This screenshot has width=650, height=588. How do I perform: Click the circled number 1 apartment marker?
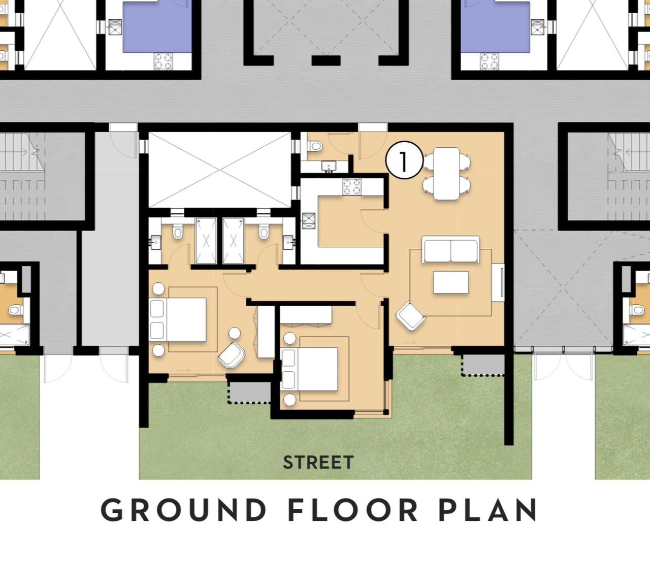(x=404, y=160)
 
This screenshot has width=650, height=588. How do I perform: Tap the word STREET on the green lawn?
(x=318, y=463)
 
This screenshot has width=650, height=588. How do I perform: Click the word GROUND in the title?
(x=183, y=510)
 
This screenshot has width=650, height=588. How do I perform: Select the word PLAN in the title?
(x=489, y=510)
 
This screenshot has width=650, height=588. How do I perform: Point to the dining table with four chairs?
(x=447, y=174)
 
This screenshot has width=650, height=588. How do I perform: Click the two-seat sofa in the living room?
(x=451, y=249)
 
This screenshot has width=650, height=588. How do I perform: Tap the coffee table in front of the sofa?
(x=451, y=282)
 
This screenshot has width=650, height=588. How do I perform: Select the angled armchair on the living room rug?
(x=411, y=316)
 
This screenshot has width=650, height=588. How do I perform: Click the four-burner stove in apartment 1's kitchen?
(x=352, y=187)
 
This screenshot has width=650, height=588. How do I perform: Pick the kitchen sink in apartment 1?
(x=308, y=221)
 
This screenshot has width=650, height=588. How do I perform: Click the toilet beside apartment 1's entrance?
(x=315, y=146)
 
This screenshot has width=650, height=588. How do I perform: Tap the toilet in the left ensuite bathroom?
(x=177, y=231)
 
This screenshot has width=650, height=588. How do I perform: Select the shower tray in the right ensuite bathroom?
(x=234, y=240)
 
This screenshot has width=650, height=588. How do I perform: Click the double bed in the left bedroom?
(x=178, y=319)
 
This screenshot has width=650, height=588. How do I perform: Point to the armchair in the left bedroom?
(x=232, y=355)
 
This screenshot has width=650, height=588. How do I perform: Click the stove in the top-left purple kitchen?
(x=164, y=61)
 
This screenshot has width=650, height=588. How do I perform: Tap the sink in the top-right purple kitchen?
(x=537, y=27)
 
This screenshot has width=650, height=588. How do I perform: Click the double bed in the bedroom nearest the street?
(x=310, y=369)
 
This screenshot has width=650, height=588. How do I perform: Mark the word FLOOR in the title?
(x=353, y=510)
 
